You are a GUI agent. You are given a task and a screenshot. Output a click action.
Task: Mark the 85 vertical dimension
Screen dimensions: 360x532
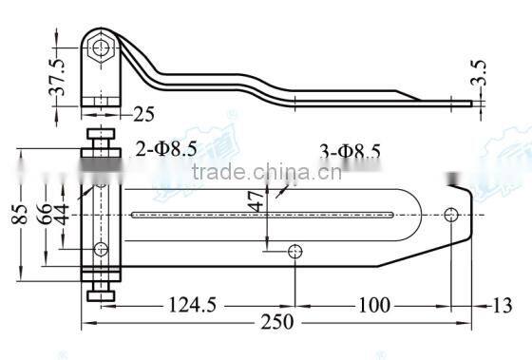(x=17, y=218)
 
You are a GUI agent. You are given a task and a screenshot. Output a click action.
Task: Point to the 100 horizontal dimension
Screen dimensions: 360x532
(x=377, y=305)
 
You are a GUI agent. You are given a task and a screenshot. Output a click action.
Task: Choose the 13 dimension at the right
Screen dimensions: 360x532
(x=504, y=305)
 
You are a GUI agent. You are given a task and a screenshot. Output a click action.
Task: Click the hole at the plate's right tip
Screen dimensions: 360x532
(x=451, y=214)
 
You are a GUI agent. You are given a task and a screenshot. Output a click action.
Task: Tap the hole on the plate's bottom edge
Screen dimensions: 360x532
(x=296, y=251)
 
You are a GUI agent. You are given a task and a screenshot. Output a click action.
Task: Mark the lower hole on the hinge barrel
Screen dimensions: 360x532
(x=100, y=250)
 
